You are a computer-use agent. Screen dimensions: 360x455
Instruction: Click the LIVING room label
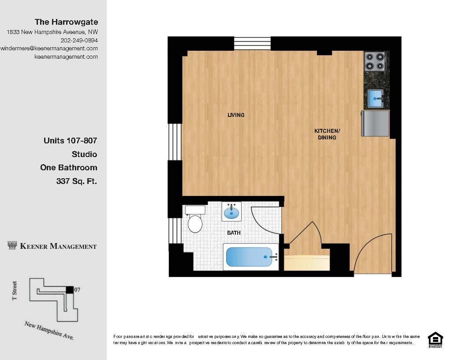pos(236,115)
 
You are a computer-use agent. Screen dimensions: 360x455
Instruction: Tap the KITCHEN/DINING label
pos(327,134)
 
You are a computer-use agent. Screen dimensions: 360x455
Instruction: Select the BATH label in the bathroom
pos(234,232)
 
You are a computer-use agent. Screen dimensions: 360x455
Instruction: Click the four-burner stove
pos(375,61)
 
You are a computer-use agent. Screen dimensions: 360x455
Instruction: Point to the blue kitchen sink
pos(375,98)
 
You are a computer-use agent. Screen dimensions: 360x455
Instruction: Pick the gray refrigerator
pos(375,123)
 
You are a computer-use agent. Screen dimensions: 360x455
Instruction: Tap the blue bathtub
pos(250,257)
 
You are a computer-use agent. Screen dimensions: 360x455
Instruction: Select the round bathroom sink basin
pos(231,213)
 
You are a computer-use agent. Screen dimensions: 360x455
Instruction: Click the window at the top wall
pos(252,44)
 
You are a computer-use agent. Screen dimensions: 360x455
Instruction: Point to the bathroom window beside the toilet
pos(175,230)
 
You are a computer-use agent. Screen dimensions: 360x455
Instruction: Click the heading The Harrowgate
pos(66,22)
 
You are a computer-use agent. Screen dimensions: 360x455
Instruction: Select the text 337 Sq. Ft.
pos(76,181)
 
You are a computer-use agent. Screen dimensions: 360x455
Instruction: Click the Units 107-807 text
pos(70,141)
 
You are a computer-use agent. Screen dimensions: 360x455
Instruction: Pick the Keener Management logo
pos(52,246)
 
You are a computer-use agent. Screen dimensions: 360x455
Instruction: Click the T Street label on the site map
pos(15,291)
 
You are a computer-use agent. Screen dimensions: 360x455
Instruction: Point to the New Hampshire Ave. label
pos(49,330)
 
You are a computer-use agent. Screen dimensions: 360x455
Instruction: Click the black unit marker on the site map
pos(69,289)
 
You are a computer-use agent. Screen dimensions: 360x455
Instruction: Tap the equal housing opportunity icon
pos(435,339)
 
